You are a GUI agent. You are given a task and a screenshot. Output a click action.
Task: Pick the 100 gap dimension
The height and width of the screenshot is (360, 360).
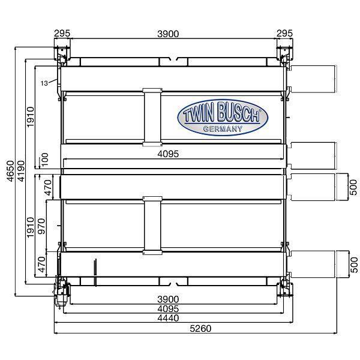coord(44,160)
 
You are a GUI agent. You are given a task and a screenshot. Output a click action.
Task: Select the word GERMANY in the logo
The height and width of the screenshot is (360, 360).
coord(222,128)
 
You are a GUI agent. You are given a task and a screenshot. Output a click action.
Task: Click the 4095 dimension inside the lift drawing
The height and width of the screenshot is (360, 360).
coord(169,154)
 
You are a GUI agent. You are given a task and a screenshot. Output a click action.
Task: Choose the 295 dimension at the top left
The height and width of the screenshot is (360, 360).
coord(61,34)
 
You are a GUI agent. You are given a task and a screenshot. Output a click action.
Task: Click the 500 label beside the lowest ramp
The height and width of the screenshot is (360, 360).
coord(353,262)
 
